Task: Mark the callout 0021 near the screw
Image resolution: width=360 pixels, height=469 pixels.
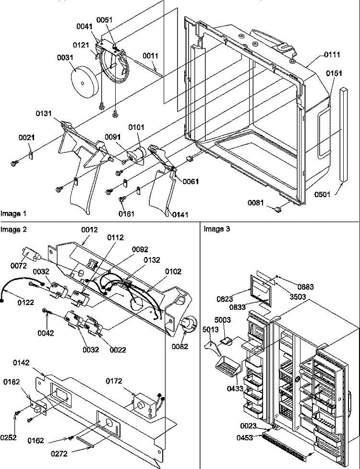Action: [26, 138]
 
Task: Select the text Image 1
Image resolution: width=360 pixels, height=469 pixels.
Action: [13, 212]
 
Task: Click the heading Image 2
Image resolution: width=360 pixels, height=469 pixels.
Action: [13, 229]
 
